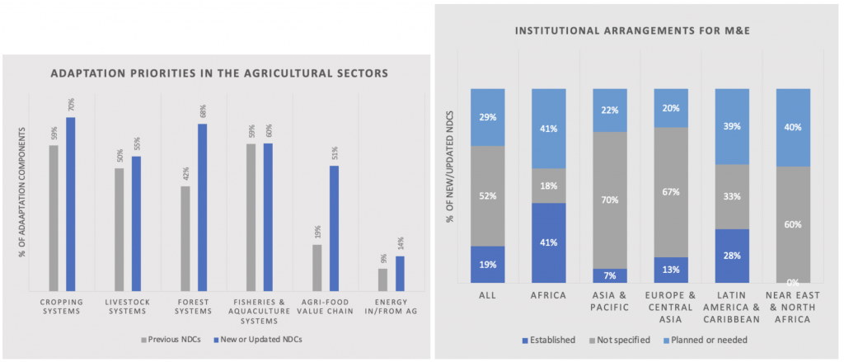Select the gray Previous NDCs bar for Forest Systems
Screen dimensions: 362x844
pos(185,238)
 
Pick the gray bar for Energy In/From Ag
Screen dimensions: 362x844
pos(382,280)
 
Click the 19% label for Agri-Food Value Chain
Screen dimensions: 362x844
pos(317,233)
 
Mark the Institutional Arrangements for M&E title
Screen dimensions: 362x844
pos(638,32)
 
